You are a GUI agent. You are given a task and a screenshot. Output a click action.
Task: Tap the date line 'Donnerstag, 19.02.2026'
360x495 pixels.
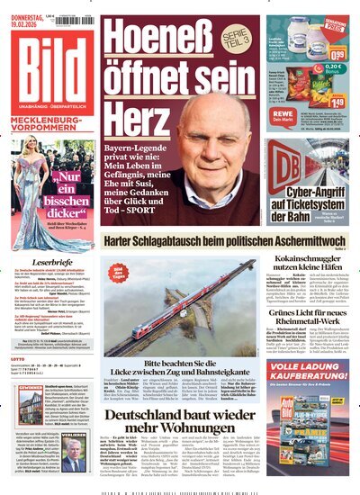pyautogui.click(x=26, y=10)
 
